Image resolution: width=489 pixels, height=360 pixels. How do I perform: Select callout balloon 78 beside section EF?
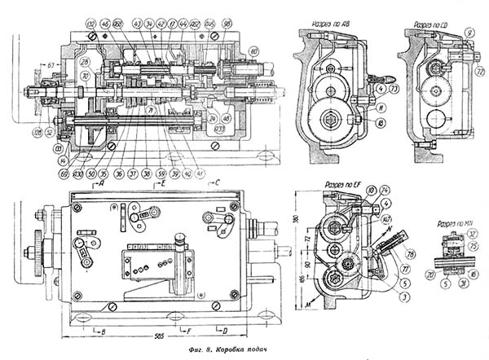pyautogui.click(x=409, y=254)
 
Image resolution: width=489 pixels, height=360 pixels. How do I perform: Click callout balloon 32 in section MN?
pyautogui.click(x=472, y=233)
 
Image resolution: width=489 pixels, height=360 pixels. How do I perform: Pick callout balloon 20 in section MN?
pyautogui.click(x=430, y=274)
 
